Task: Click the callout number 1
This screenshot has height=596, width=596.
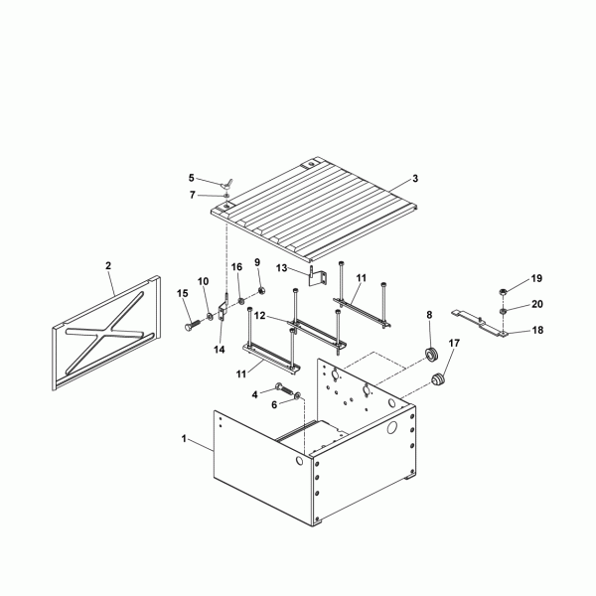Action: [x=184, y=439]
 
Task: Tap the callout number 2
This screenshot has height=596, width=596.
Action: [x=108, y=265]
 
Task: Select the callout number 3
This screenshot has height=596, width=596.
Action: [x=415, y=178]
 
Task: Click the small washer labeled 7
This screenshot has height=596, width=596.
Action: [x=226, y=196]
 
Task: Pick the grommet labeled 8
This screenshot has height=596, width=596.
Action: [x=431, y=355]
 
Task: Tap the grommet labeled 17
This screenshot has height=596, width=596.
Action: [x=438, y=379]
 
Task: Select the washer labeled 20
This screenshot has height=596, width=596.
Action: [x=504, y=311]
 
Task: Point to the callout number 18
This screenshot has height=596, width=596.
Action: [x=537, y=330]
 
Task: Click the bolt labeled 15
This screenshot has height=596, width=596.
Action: [x=193, y=325]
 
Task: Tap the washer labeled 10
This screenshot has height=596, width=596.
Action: [x=210, y=316]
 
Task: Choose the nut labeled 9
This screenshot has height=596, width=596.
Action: [x=261, y=291]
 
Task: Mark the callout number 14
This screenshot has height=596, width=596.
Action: [x=220, y=350]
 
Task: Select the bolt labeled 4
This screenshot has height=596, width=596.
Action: [x=284, y=388]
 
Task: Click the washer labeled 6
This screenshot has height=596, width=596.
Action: [x=298, y=396]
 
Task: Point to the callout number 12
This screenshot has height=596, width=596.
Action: [x=259, y=316]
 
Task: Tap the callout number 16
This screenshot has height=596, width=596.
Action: [x=236, y=267]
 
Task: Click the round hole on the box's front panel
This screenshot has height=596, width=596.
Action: [x=300, y=462]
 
